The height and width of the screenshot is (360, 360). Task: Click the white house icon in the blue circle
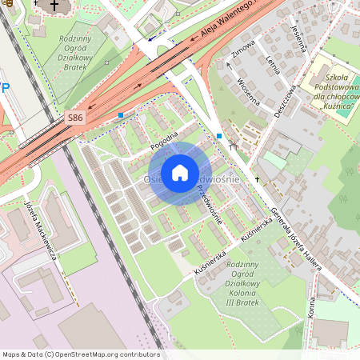click(180, 173)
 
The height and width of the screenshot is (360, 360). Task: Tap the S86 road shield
click(74, 118)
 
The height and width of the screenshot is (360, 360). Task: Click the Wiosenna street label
click(250, 92)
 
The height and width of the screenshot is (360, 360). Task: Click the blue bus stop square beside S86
click(121, 115)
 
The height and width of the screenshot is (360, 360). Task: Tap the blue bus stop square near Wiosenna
click(219, 136)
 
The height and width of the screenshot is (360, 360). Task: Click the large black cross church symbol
click(54, 6)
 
